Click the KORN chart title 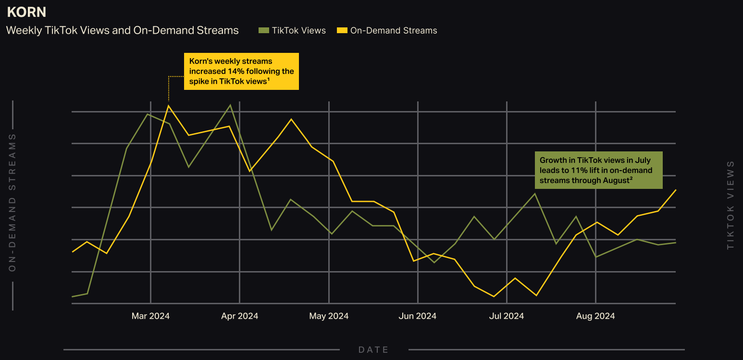pos(26,12)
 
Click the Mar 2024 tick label pos(150,316)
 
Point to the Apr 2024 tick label pos(239,316)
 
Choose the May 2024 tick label pos(329,316)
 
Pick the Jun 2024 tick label pos(418,316)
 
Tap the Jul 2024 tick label pos(507,316)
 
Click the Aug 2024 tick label pos(595,316)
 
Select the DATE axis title pos(373,350)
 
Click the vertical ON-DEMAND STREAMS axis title pos(12,202)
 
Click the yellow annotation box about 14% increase pos(241,72)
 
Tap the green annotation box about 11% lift pos(598,170)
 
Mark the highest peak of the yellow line pos(168,106)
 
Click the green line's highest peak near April pos(231,105)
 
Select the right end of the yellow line pos(675,190)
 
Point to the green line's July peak pos(535,194)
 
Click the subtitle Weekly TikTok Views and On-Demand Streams pos(122,31)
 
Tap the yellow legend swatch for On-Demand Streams pos(342,31)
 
